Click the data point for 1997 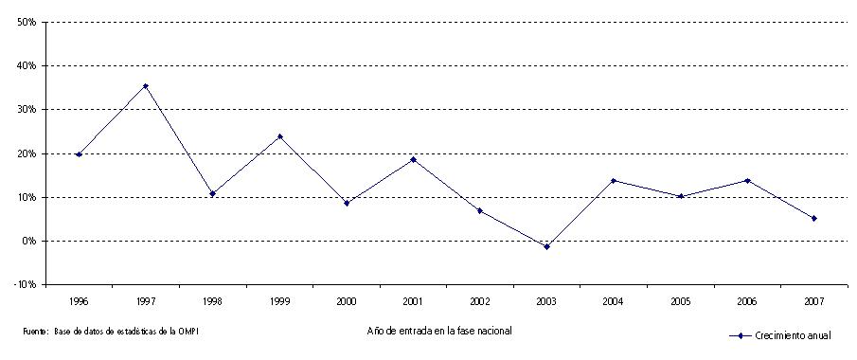(x=146, y=86)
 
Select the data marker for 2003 (x=546, y=246)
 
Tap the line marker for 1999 (x=279, y=136)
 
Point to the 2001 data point (x=413, y=159)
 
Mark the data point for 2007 (x=814, y=218)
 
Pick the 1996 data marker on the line (x=79, y=154)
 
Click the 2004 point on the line (x=614, y=180)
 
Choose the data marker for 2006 (x=747, y=180)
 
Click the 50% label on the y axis (x=26, y=22)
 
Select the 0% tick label (x=28, y=242)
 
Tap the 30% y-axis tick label (x=26, y=110)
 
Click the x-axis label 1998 (x=212, y=300)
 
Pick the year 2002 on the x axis (x=480, y=300)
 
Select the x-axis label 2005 (x=681, y=300)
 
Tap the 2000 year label (x=346, y=300)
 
